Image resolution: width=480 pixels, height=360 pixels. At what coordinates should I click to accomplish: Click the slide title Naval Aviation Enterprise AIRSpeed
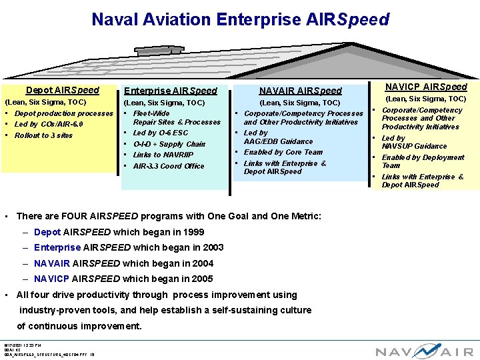[x=240, y=19]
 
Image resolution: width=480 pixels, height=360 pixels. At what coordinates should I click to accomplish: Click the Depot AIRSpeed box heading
[x=63, y=90]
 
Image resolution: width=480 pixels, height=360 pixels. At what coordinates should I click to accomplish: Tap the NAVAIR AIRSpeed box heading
[x=300, y=91]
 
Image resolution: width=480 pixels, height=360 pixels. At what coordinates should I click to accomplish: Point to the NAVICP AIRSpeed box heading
[x=427, y=87]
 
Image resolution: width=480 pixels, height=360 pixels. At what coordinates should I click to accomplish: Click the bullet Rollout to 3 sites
[x=44, y=135]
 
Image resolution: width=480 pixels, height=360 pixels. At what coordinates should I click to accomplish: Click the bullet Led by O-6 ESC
[x=161, y=133]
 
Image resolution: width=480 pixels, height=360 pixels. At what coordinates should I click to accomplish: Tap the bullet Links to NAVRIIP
[x=163, y=155]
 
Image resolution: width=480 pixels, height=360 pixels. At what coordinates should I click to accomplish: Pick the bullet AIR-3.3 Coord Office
[x=169, y=166]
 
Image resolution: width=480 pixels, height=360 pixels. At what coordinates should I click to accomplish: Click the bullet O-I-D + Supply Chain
[x=169, y=144]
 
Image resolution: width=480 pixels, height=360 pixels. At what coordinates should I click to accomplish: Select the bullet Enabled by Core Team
[x=283, y=152]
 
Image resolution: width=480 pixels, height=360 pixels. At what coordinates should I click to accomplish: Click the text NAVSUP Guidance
[x=414, y=146]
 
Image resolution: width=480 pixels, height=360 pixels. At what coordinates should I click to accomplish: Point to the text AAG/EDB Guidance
[x=278, y=141]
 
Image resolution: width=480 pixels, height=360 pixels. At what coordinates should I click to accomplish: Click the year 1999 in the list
[x=193, y=232]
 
